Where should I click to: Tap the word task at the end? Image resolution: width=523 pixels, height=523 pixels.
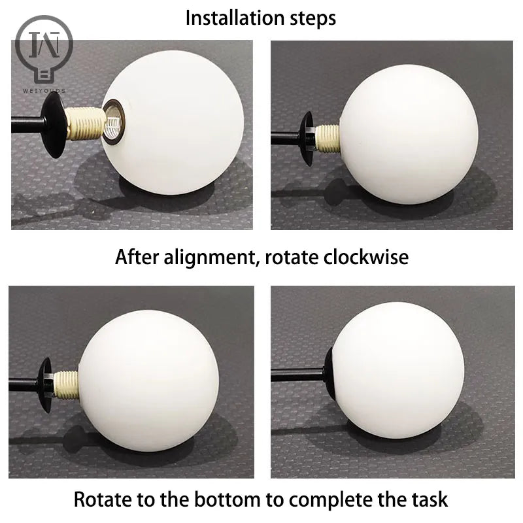pos(429,500)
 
